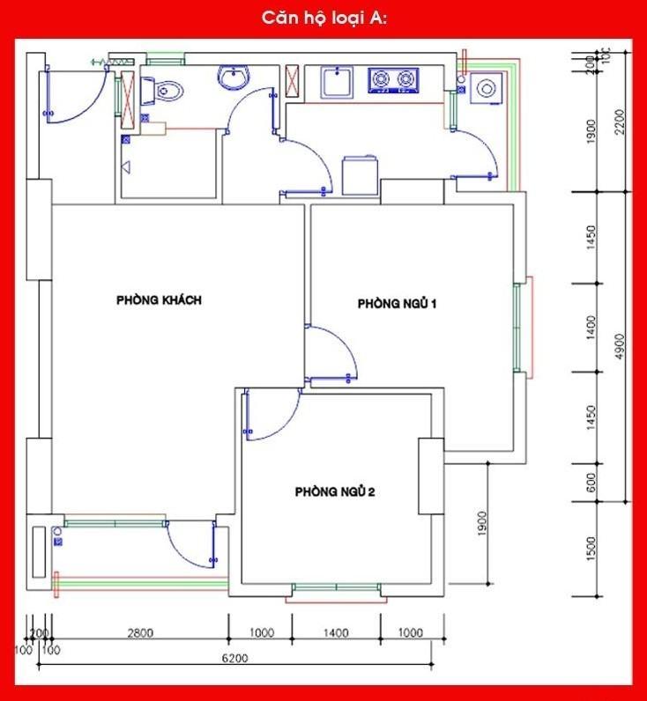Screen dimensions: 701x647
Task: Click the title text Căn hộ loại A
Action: [323, 18]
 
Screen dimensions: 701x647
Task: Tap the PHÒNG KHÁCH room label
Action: [160, 300]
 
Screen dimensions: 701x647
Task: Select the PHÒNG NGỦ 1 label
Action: [398, 304]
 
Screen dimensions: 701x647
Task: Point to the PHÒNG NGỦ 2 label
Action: [335, 491]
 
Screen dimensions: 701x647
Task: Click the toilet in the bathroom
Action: [165, 90]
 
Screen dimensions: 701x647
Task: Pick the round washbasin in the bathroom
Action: [234, 77]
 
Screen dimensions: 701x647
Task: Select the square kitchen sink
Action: [336, 82]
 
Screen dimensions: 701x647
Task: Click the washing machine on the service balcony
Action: [485, 89]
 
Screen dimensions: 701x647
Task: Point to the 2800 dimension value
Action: [140, 632]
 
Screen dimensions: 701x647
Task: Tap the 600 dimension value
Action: [591, 483]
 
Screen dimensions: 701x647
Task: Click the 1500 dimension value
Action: [591, 549]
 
